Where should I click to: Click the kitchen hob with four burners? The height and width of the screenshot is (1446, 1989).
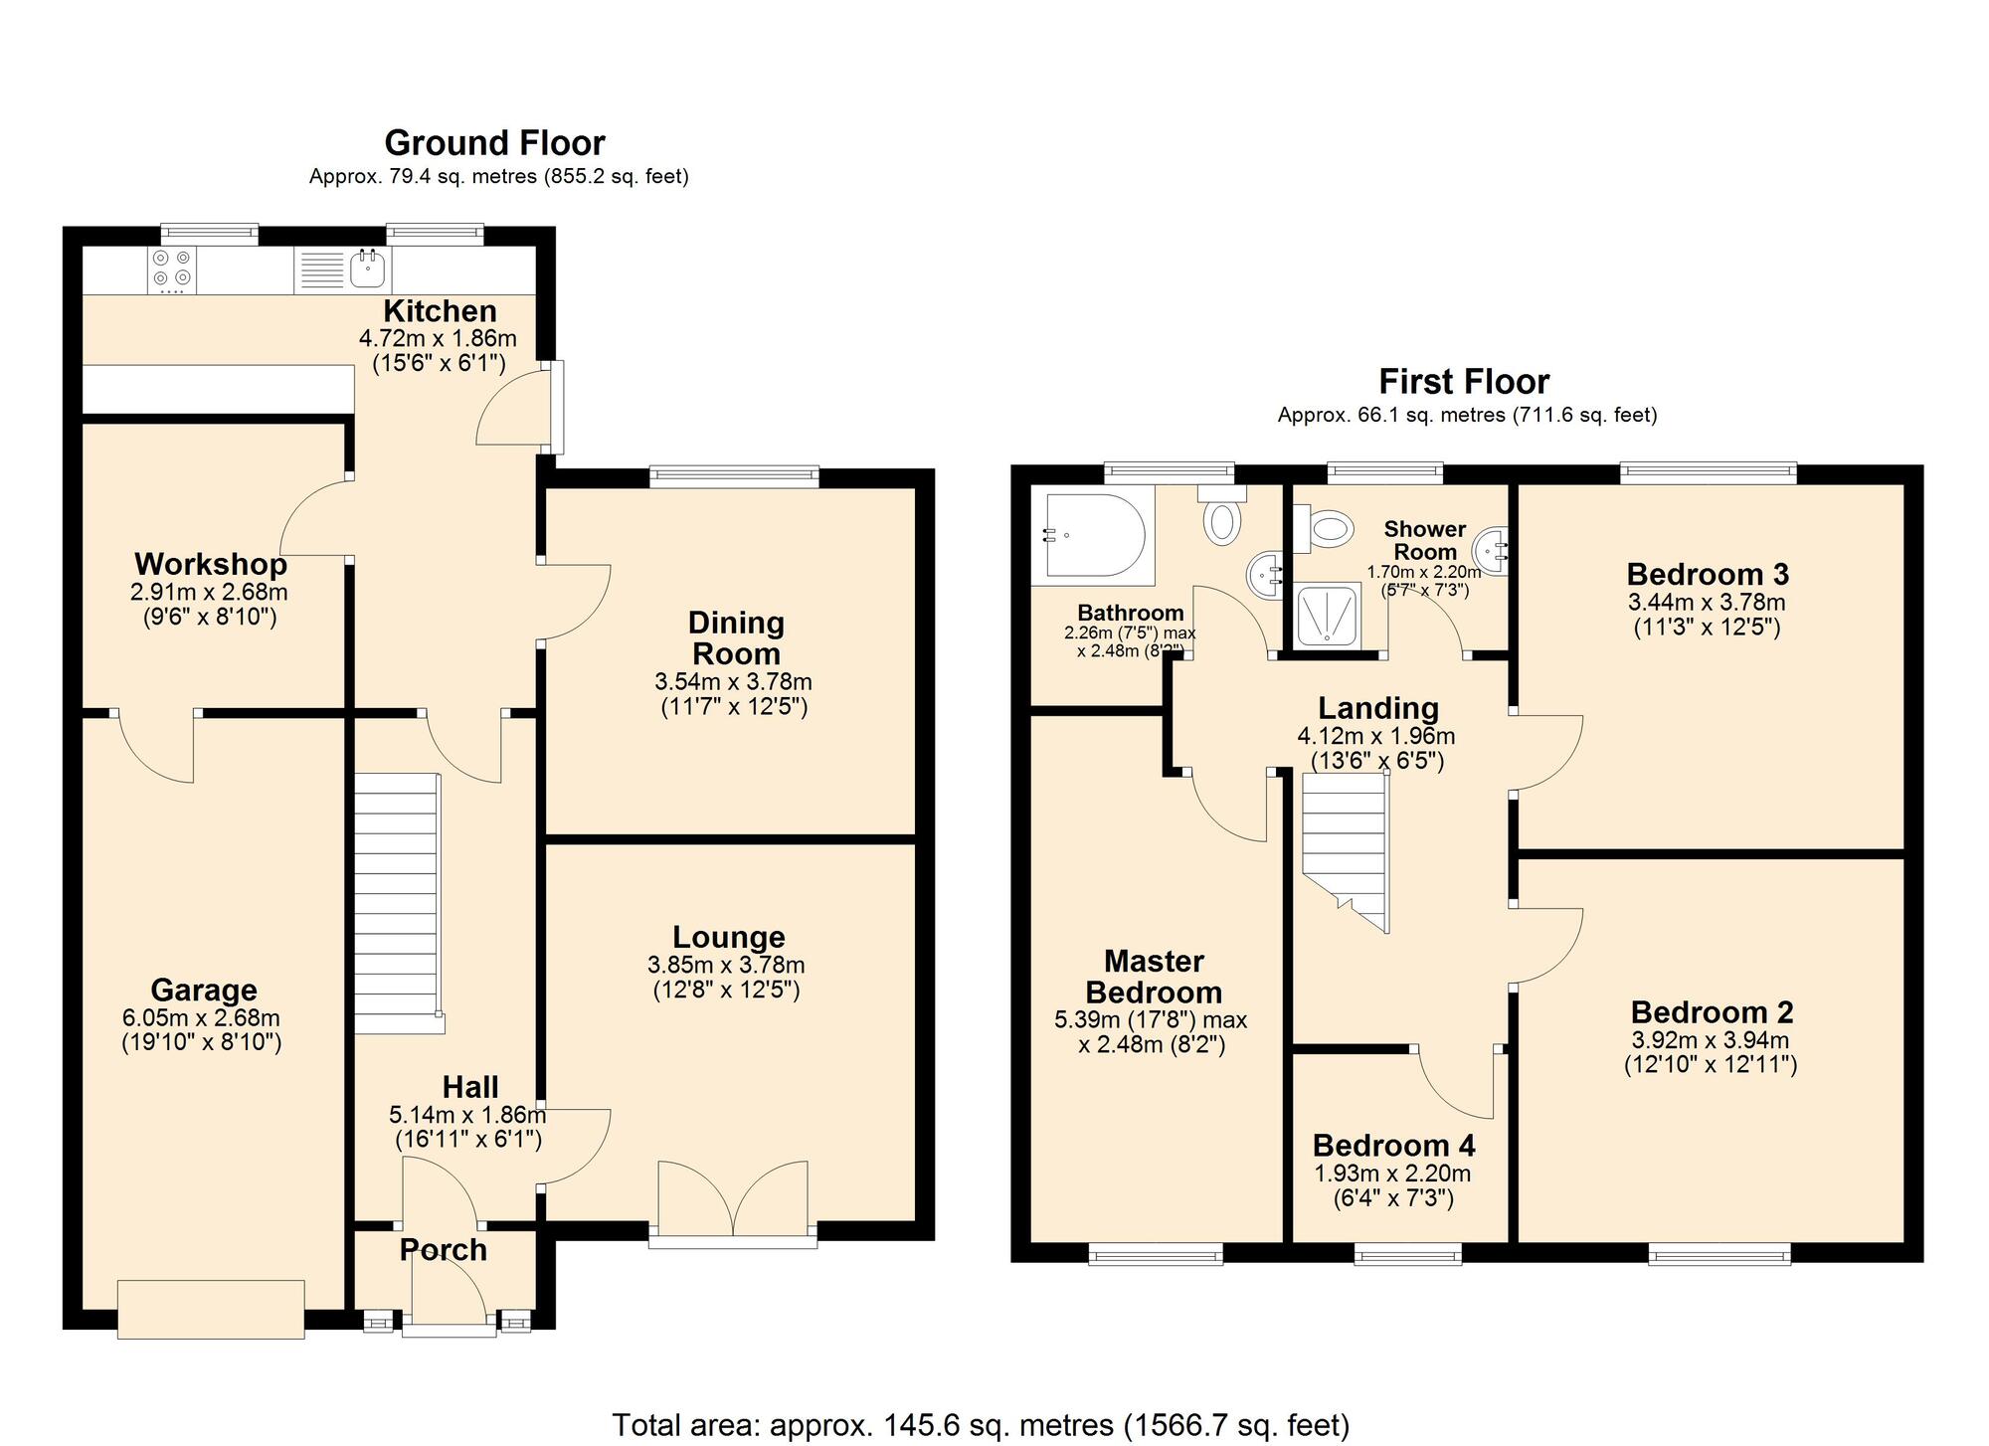[x=171, y=270]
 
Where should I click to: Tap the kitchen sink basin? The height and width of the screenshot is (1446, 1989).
[x=369, y=269]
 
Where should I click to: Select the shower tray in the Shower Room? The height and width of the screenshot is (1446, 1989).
[x=1328, y=615]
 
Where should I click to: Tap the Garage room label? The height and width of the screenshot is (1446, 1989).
[x=204, y=990]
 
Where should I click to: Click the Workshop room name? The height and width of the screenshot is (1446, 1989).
[x=211, y=564]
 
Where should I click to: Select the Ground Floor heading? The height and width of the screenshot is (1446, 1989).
[x=494, y=143]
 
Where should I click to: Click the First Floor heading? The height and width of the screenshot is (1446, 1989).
[x=1464, y=382]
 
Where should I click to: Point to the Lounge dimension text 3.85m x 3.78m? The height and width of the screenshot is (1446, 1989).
[x=726, y=965]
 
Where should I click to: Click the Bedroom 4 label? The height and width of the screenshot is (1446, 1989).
[x=1393, y=1146]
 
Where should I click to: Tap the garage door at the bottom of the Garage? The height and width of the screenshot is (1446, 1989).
[x=211, y=1310]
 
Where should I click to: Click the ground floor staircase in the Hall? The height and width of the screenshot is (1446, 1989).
[x=397, y=904]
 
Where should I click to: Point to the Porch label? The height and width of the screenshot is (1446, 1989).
[x=444, y=1250]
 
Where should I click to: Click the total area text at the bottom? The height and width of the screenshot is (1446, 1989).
[x=981, y=1424]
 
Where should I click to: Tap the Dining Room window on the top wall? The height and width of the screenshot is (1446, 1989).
[x=735, y=476]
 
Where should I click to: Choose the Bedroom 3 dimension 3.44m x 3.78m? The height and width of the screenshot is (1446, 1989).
[x=1707, y=602]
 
